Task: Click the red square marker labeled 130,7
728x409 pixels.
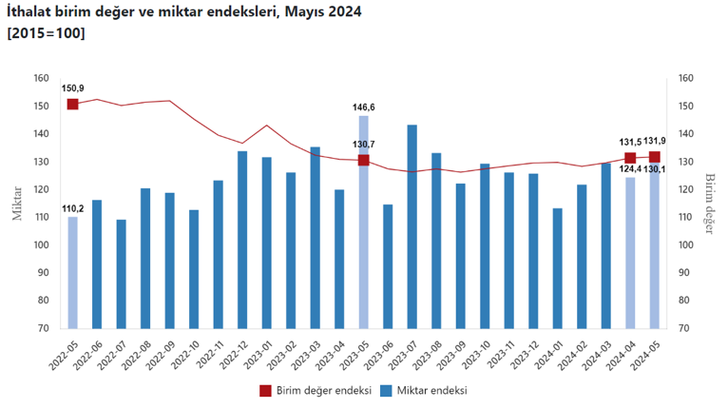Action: pyautogui.click(x=363, y=160)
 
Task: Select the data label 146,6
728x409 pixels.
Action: pyautogui.click(x=363, y=107)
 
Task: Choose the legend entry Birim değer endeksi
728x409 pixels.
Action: pyautogui.click(x=313, y=390)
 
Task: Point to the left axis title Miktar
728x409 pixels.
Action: pyautogui.click(x=16, y=203)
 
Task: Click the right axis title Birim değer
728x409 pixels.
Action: pyautogui.click(x=709, y=203)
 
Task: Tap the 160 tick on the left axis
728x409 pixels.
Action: pyautogui.click(x=41, y=79)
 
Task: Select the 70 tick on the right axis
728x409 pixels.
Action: pyautogui.click(x=684, y=328)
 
